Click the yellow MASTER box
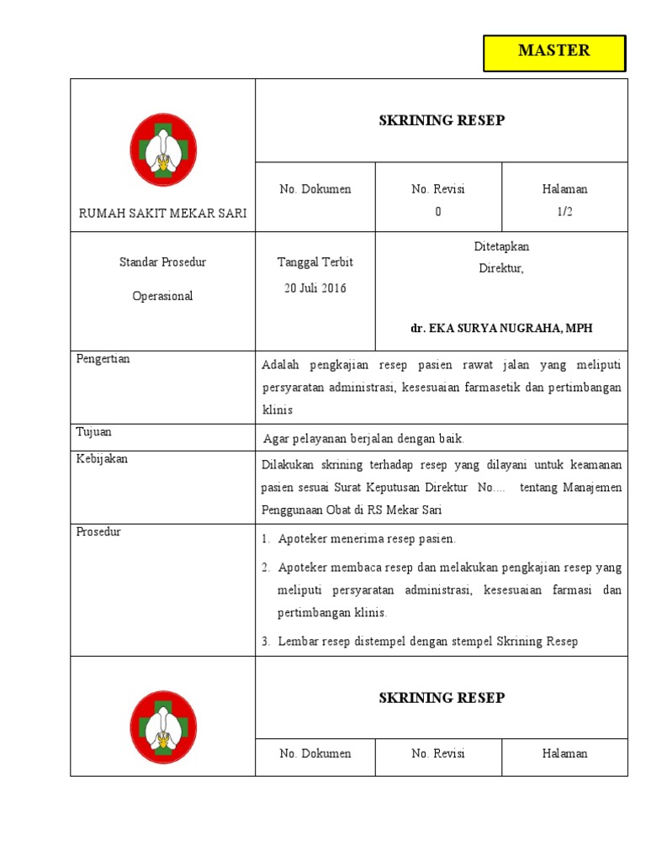tap(554, 52)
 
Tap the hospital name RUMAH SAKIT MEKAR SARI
tap(162, 213)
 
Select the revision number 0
tap(437, 212)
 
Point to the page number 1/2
tap(564, 212)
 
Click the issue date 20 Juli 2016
tap(315, 288)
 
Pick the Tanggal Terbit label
tap(315, 262)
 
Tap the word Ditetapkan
tap(501, 246)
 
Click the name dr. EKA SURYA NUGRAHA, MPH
tap(501, 328)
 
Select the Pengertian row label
tap(103, 359)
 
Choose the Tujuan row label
tap(94, 432)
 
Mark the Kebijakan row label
tap(102, 459)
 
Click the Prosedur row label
tap(98, 532)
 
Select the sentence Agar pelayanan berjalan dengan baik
tap(363, 438)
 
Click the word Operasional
tap(162, 296)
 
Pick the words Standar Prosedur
tap(162, 262)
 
